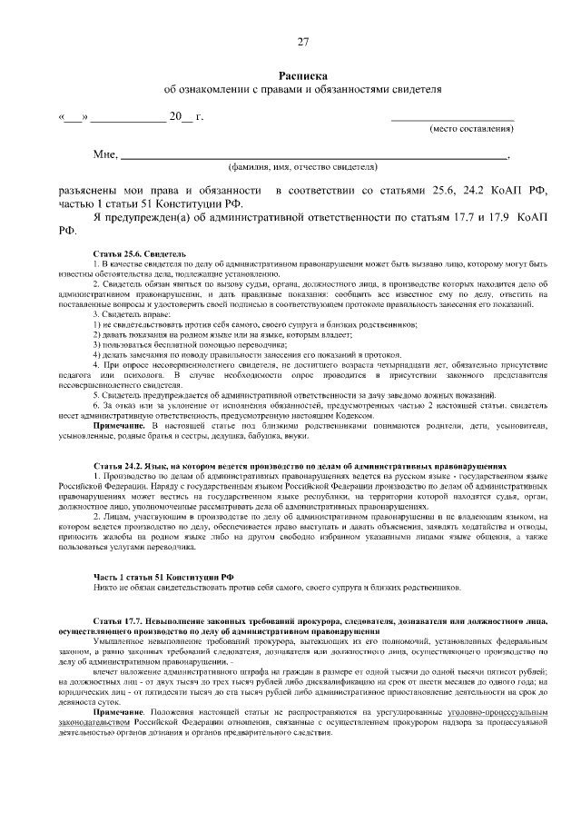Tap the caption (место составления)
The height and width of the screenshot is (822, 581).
point(471,130)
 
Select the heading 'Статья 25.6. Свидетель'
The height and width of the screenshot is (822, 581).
point(139,253)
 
